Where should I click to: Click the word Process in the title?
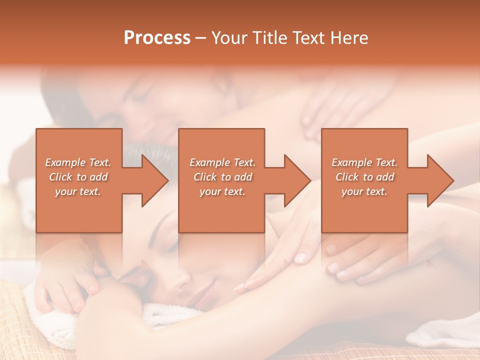(157, 38)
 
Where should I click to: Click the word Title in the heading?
(270, 38)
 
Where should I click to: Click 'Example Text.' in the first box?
(78, 162)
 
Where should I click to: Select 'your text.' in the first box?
(78, 191)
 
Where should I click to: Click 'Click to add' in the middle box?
(222, 177)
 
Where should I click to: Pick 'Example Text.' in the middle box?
(222, 162)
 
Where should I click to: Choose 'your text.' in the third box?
(364, 191)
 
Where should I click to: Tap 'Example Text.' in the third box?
(364, 162)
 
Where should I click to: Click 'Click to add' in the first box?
(78, 177)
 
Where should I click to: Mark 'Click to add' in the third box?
(364, 177)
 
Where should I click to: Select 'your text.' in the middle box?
(222, 191)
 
